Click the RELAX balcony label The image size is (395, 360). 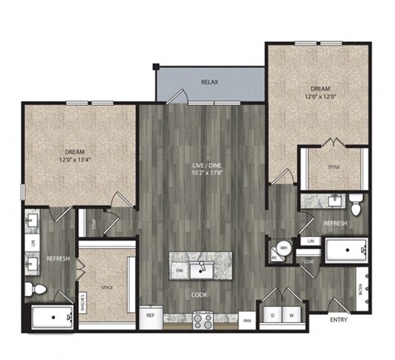[x=209, y=83]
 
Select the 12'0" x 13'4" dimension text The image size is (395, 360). [x=75, y=159]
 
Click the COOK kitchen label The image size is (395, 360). [x=200, y=293]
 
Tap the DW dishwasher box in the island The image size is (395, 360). [x=179, y=269]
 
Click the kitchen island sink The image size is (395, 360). [x=202, y=269]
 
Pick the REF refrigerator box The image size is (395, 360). [x=151, y=315]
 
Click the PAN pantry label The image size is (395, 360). [x=247, y=320]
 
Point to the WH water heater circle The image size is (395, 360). [x=282, y=246]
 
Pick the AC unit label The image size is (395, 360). [x=274, y=256]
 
